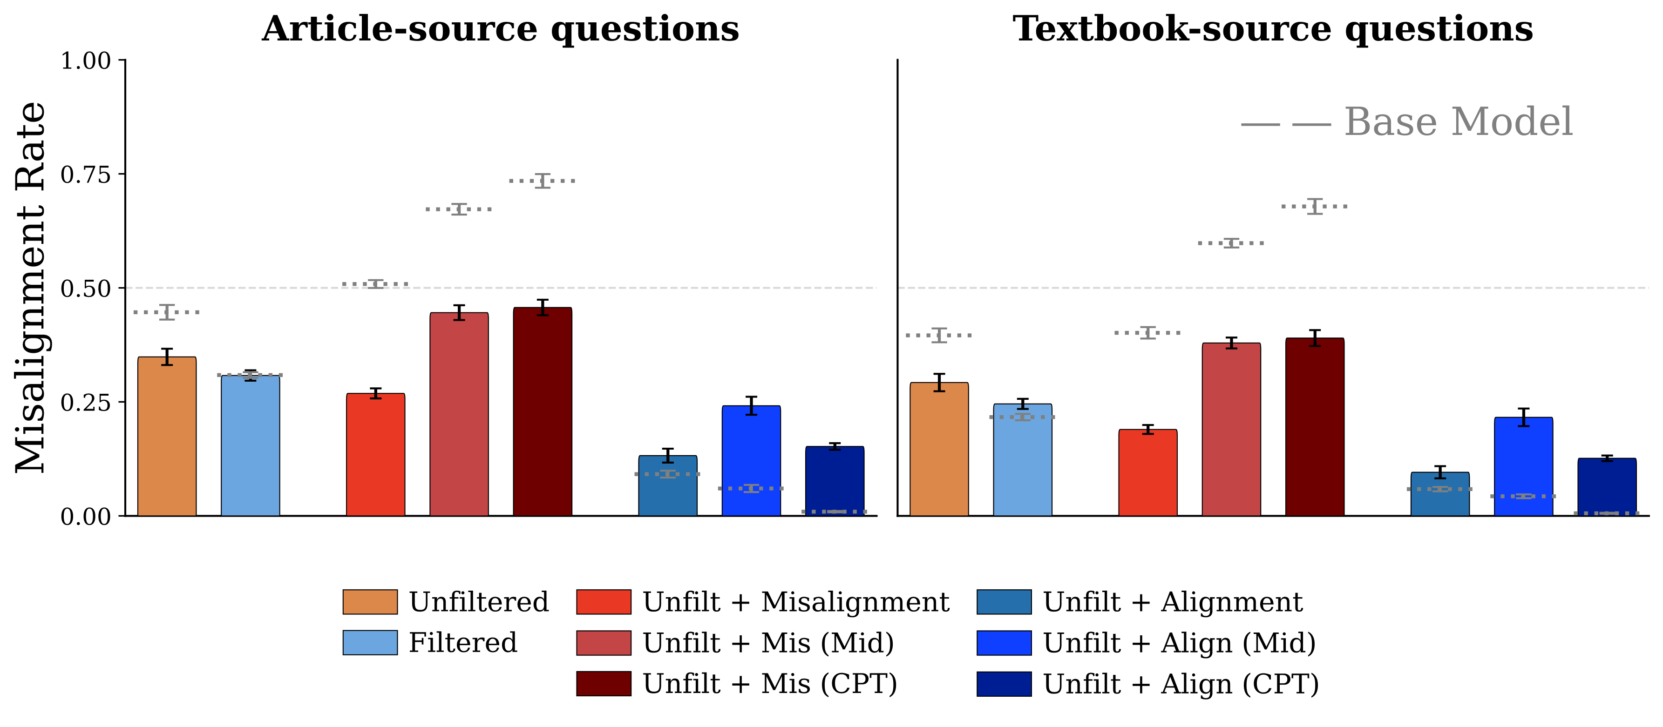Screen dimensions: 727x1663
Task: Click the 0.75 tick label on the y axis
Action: [85, 175]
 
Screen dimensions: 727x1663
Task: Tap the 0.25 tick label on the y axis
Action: [85, 403]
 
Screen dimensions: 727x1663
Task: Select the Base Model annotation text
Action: [1458, 122]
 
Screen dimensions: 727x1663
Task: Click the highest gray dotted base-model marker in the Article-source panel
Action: [542, 181]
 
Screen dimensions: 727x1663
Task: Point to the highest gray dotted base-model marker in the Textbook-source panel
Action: [1314, 207]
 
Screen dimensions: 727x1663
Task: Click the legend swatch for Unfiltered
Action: [370, 602]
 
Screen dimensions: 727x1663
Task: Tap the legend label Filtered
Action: [462, 643]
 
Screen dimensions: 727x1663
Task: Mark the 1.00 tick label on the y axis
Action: [85, 61]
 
